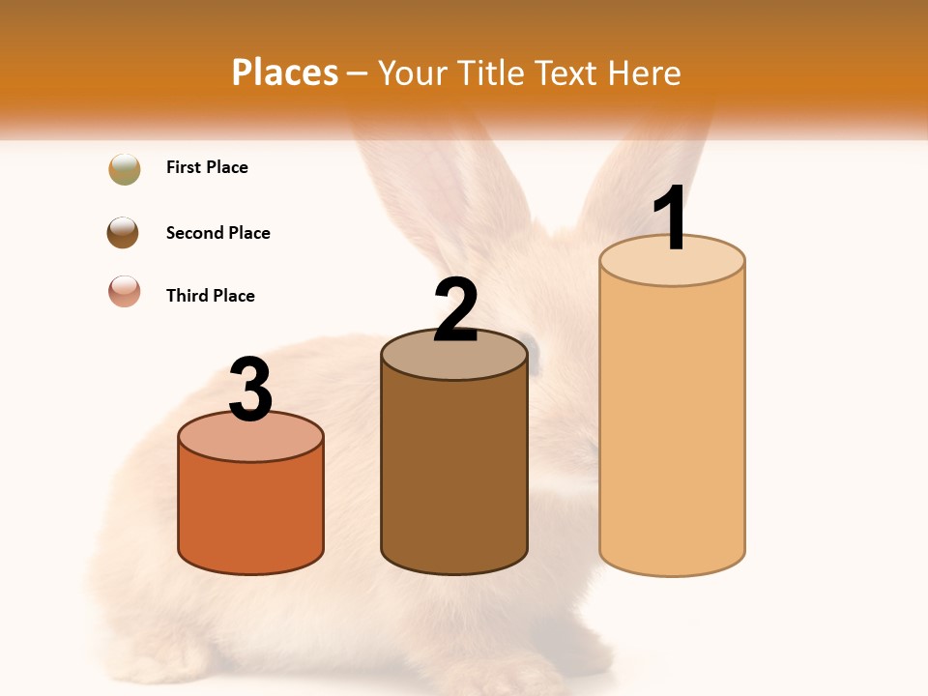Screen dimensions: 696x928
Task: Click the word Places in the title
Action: point(285,72)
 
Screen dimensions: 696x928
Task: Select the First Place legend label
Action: point(207,167)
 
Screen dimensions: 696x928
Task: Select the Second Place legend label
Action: point(217,233)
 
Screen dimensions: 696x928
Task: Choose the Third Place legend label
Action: point(210,296)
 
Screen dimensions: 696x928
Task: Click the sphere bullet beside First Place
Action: point(125,169)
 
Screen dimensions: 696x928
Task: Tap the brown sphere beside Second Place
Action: point(124,233)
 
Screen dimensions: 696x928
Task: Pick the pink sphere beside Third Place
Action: point(125,291)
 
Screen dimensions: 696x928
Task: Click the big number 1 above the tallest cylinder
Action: point(670,217)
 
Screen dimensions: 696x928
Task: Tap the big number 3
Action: point(251,390)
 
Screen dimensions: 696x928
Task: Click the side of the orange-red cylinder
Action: point(251,512)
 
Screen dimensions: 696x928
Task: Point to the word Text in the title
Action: point(570,72)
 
